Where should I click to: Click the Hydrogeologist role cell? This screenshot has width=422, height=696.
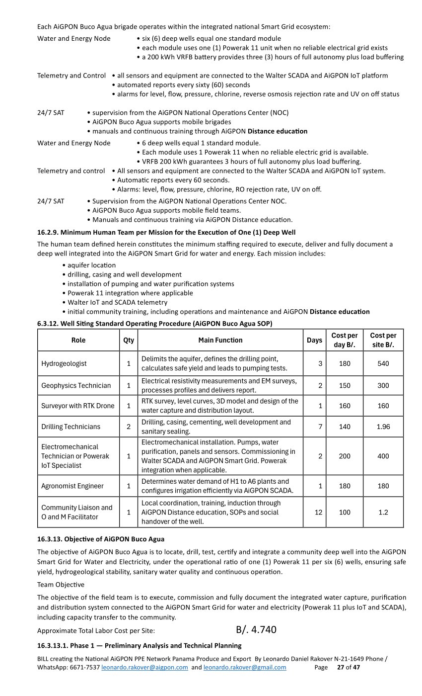click(x=64, y=363)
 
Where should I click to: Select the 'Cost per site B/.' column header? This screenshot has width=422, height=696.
click(x=383, y=340)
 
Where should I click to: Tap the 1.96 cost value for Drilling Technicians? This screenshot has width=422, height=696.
click(x=383, y=427)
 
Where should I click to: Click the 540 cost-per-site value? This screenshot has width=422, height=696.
click(x=383, y=363)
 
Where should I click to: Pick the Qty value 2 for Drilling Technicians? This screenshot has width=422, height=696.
click(x=129, y=427)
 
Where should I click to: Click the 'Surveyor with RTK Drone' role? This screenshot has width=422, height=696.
click(x=78, y=406)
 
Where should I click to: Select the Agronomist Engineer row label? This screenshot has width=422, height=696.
click(x=72, y=486)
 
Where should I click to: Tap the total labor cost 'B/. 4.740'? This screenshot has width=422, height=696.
click(x=256, y=630)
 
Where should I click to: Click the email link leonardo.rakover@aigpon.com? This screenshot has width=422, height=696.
click(x=144, y=668)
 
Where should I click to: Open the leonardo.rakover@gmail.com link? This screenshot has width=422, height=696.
click(x=245, y=668)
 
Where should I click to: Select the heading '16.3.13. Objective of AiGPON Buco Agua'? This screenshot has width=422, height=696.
click(x=101, y=539)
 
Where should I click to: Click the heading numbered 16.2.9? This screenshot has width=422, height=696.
click(x=166, y=232)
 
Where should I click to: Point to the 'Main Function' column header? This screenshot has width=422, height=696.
click(x=220, y=340)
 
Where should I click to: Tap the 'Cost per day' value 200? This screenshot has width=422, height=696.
click(x=345, y=456)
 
